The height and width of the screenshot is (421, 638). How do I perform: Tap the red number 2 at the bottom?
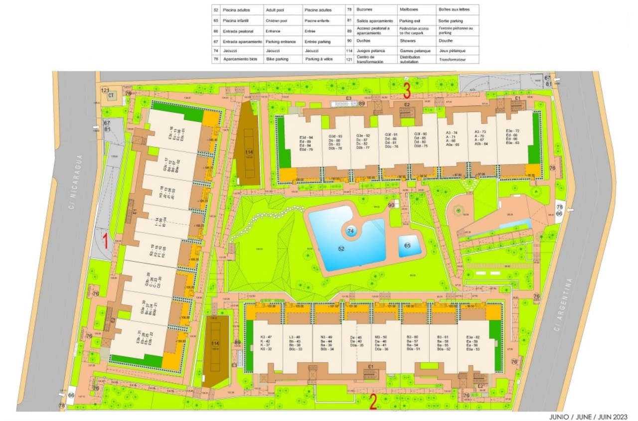point(372,401)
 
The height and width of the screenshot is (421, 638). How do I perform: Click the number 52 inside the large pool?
point(341,248)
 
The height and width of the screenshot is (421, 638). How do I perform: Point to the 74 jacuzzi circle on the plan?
point(351,231)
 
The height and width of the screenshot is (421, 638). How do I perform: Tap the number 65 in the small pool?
point(407,246)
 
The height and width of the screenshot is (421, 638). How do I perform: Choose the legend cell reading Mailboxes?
point(411,10)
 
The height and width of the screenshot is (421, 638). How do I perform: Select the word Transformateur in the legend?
point(452,60)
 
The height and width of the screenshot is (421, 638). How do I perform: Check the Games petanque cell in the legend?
point(414,51)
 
